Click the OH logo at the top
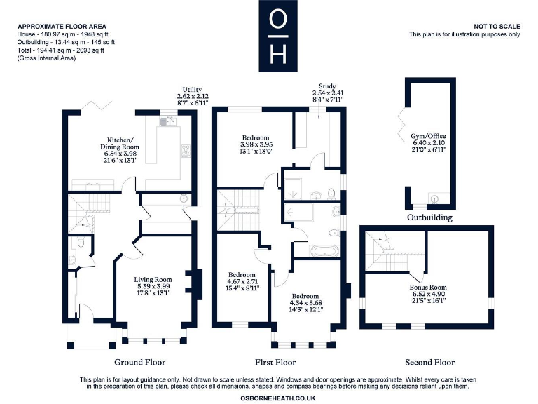click(278, 36)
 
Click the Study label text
click(327, 86)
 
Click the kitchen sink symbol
click(168, 121)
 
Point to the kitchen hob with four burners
click(186, 151)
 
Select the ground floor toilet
click(81, 243)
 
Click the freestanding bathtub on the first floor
click(324, 251)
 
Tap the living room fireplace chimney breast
click(194, 282)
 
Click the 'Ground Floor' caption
click(139, 362)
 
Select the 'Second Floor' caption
click(429, 362)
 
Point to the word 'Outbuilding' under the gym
click(429, 217)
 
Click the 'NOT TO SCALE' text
click(497, 27)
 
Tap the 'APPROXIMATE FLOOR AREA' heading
click(62, 27)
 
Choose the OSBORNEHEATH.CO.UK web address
click(278, 398)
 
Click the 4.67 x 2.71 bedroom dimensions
click(242, 281)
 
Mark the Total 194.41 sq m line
click(61, 50)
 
